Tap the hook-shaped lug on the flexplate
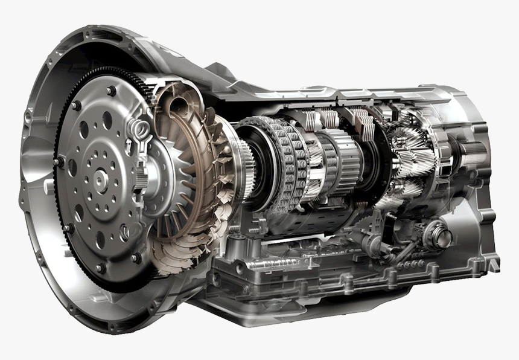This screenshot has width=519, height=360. click(x=137, y=128)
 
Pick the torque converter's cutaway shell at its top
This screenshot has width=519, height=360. click(x=175, y=91)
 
